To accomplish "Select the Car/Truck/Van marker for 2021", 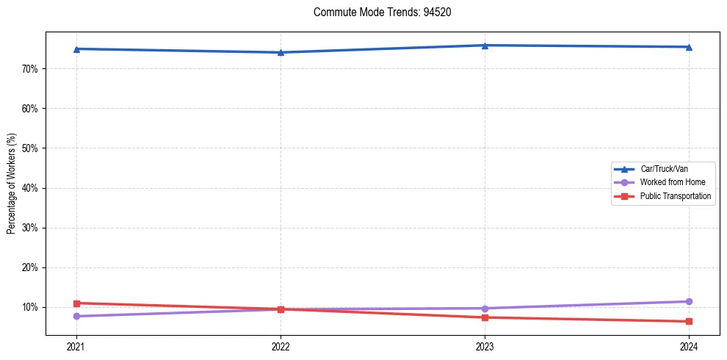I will [76, 48].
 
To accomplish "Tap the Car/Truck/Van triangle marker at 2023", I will [485, 46].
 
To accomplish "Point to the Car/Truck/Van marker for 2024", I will [689, 47].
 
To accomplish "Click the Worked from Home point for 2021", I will [76, 316].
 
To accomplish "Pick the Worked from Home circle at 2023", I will [485, 309].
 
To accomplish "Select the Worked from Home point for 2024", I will [689, 301].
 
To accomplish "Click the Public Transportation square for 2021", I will [76, 303].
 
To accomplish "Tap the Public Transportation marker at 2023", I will [485, 317].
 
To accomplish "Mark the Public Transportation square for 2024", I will [689, 321].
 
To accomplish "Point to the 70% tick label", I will [31, 69].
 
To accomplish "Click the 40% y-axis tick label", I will [31, 188].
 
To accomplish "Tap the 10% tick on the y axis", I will [31, 307].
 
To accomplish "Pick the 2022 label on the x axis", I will [281, 346].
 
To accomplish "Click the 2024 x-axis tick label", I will [689, 346].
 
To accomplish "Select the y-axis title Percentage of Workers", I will [12, 184].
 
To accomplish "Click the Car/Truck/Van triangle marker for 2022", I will [281, 52].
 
